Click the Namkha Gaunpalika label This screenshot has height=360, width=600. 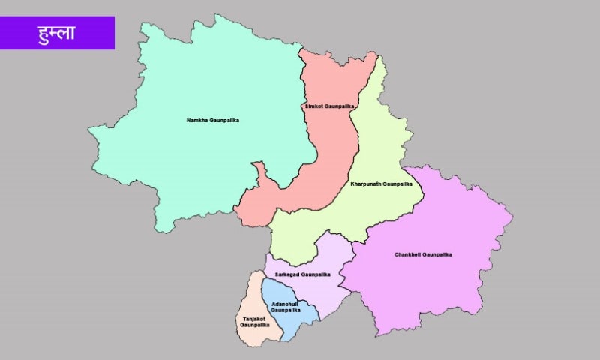(213, 120)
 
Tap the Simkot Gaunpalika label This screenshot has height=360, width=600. (328, 106)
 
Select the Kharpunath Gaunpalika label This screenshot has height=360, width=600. (381, 184)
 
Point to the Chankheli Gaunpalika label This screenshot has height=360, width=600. (423, 254)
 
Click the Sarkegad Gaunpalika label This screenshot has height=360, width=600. (302, 274)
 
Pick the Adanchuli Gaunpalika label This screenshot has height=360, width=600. (286, 307)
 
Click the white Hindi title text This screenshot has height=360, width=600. (56, 33)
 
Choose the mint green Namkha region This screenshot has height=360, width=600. (187, 165)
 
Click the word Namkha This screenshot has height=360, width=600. (198, 120)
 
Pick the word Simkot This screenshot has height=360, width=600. (314, 106)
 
